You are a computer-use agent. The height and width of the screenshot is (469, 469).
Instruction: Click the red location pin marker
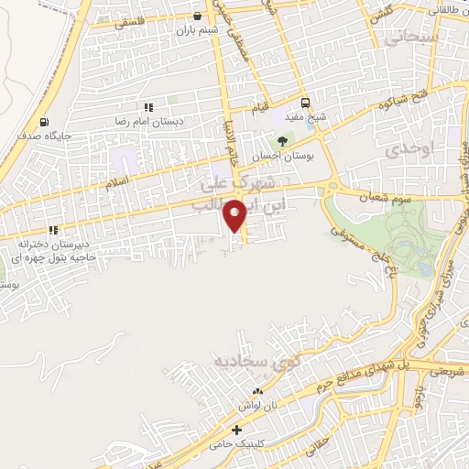coord(237,214)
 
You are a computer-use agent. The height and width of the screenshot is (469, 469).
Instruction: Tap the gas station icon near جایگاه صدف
coord(44,122)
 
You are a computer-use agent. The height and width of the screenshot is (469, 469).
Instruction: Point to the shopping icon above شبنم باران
coord(197,16)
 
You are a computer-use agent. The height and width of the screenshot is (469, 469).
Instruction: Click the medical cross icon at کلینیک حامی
coord(237,429)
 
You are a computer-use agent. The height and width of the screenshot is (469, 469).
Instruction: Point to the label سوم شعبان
coord(369,198)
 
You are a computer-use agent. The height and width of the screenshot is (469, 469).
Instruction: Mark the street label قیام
coord(261,108)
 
